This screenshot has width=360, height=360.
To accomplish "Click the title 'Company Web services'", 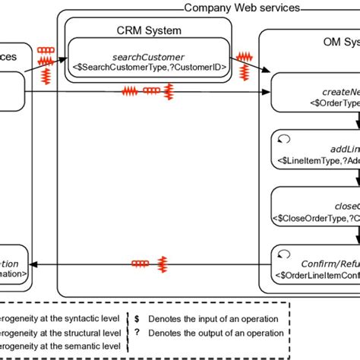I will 242,8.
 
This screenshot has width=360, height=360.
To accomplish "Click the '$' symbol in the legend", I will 137,319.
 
